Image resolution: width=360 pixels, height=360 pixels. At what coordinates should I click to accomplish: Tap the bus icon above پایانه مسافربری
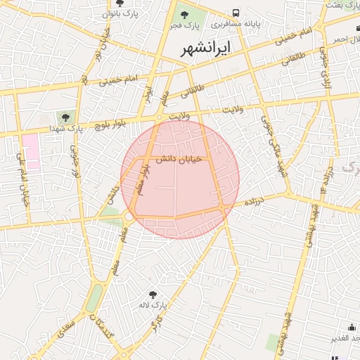tap(236, 13)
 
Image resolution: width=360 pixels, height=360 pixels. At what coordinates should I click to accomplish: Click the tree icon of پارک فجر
tap(185, 13)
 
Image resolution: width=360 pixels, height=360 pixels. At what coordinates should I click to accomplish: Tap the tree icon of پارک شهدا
tap(65, 117)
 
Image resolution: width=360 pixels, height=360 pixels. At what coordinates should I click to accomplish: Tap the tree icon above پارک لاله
tap(153, 294)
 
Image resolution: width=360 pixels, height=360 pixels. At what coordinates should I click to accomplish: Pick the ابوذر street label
tap(149, 95)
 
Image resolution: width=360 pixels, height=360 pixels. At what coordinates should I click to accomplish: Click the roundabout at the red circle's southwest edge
tap(129, 216)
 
